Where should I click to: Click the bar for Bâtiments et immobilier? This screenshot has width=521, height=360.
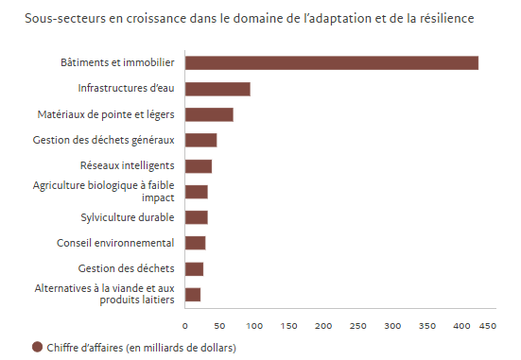point(331,63)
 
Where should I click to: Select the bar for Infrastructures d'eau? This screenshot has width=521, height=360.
point(217,89)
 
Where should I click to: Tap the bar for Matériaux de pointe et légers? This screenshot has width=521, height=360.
point(209,114)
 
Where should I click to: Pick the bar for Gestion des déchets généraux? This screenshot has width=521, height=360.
point(200,141)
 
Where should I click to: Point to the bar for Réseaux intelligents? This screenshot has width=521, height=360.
point(198,166)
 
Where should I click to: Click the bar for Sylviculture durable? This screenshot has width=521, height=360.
point(196,217)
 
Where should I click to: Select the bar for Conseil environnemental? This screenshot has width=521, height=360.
point(195,243)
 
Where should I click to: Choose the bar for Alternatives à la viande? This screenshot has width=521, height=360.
point(193,294)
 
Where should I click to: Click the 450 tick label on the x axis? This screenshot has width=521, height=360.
point(487,325)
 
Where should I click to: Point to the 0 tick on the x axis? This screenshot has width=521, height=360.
point(185,325)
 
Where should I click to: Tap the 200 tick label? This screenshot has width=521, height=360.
point(322,325)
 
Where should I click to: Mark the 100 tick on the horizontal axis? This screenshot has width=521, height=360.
point(253,325)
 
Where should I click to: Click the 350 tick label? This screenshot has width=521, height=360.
point(426,325)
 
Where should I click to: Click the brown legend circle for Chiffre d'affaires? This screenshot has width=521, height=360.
point(38,347)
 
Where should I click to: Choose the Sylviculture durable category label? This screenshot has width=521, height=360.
point(128,217)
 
